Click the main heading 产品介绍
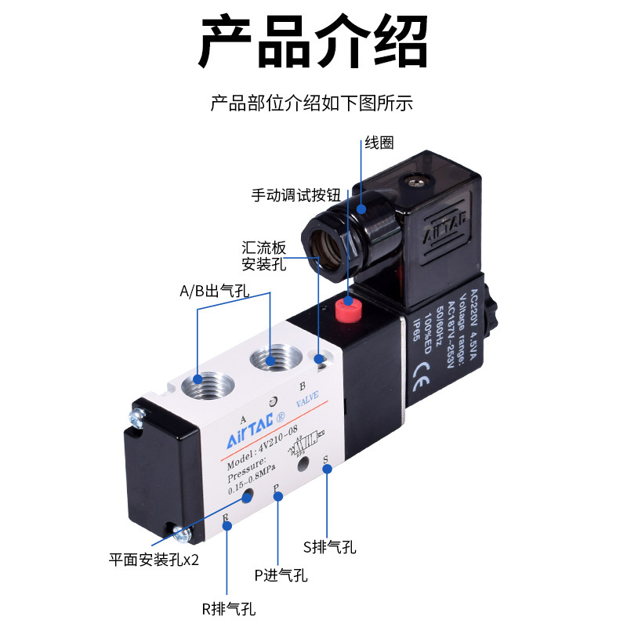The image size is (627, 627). point(313,42)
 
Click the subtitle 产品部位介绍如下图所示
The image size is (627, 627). point(312,103)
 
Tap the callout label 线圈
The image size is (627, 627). point(379,143)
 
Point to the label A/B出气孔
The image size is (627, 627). point(214,292)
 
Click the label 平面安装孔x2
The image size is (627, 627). point(154,560)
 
